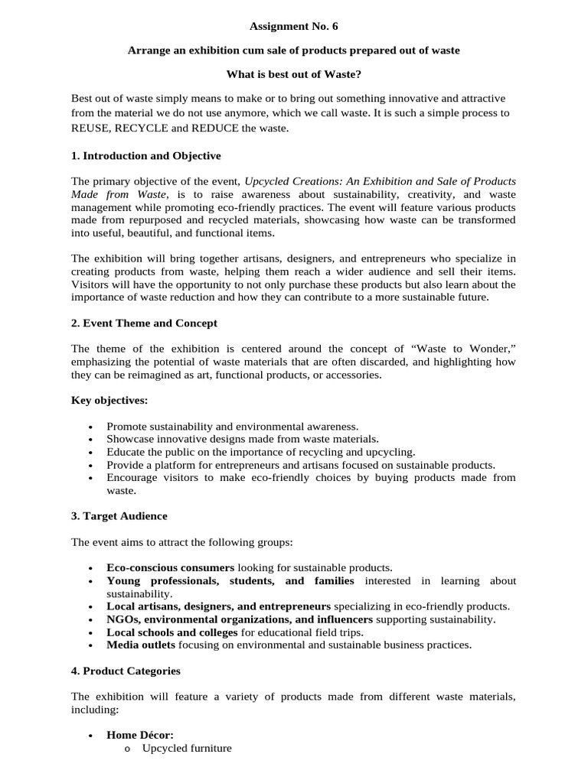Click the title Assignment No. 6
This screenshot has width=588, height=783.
click(x=293, y=27)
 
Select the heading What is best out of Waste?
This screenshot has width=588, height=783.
click(x=293, y=76)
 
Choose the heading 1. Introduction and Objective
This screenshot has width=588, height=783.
click(x=145, y=156)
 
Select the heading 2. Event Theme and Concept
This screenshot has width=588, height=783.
click(x=144, y=323)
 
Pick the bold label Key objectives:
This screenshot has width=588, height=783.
click(x=109, y=400)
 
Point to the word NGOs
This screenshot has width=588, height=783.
click(x=122, y=619)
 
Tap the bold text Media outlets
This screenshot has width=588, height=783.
click(x=141, y=645)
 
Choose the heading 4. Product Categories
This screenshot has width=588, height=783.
click(x=126, y=671)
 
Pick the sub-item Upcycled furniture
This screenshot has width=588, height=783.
click(x=186, y=748)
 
